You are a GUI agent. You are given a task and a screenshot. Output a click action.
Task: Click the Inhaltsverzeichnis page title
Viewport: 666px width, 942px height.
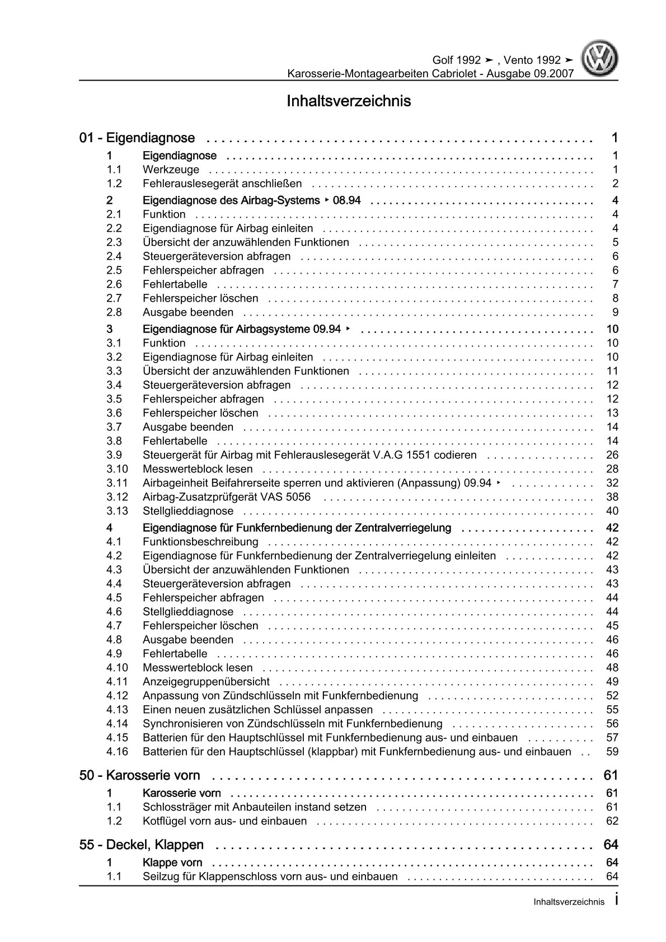[x=349, y=101]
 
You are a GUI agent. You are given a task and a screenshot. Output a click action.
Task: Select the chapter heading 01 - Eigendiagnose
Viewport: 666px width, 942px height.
[x=137, y=138]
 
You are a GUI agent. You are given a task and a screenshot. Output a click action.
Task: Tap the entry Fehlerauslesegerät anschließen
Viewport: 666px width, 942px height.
[x=222, y=184]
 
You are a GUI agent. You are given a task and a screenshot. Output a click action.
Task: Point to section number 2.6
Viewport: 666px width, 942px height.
[x=114, y=284]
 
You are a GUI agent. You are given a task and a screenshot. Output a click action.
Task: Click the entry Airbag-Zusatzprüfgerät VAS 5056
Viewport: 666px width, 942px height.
[x=226, y=497]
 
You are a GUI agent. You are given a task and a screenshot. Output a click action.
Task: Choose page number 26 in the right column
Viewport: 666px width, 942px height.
[x=612, y=455]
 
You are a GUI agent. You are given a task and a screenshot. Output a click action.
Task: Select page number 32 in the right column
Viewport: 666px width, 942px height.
[x=612, y=483]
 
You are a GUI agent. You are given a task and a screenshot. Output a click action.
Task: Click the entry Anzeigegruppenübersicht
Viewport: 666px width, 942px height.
[x=206, y=682]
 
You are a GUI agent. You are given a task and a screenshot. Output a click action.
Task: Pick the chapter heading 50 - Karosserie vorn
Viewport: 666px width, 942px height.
[x=140, y=775]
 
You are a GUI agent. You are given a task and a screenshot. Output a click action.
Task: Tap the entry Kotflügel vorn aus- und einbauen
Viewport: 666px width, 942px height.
[x=224, y=821]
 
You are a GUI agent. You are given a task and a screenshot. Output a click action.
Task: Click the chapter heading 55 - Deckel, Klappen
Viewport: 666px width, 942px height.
[x=142, y=845]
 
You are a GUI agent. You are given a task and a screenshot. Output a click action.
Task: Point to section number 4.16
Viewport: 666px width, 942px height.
[x=117, y=752]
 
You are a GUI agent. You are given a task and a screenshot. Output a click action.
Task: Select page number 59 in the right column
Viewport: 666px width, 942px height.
[x=612, y=752]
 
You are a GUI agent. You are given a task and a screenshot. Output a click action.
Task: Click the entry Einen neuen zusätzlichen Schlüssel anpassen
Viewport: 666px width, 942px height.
[x=257, y=710]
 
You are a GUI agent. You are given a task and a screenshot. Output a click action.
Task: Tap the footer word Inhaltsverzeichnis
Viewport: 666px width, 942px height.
[x=569, y=902]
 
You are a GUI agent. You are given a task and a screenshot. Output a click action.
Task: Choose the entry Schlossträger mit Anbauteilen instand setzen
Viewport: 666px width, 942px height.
[x=255, y=807]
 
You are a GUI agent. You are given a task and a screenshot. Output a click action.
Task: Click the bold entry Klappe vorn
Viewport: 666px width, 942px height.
[x=172, y=863]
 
